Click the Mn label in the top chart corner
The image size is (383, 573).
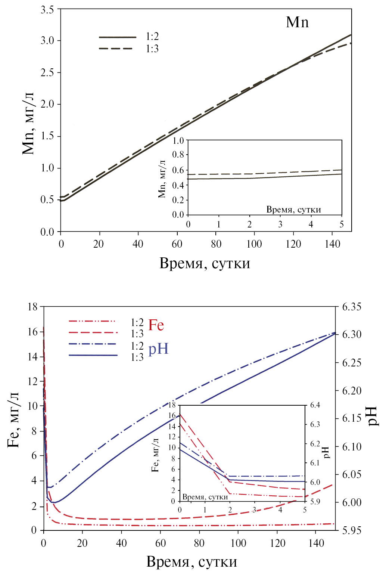(297, 22)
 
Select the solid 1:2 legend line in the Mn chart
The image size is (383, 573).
(118, 37)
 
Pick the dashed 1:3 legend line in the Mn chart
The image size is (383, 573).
(116, 49)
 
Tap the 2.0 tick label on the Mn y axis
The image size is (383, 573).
(47, 104)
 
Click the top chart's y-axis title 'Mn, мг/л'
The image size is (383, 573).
(28, 123)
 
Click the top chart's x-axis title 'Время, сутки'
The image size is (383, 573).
(205, 263)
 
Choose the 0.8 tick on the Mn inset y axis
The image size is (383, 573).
(178, 155)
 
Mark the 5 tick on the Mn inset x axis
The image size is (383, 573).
(341, 224)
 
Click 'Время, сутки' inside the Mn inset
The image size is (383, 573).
(293, 210)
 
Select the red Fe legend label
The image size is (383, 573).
(156, 325)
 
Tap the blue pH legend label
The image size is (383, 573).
(159, 349)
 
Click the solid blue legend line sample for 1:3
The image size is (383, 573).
(93, 355)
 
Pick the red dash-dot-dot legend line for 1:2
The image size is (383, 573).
(93, 321)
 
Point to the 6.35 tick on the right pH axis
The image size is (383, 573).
(352, 307)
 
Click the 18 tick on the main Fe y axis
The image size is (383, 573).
(33, 307)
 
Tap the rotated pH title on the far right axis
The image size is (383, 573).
(372, 416)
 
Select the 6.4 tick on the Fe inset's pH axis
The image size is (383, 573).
(315, 405)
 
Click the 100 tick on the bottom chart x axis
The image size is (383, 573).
(238, 543)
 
